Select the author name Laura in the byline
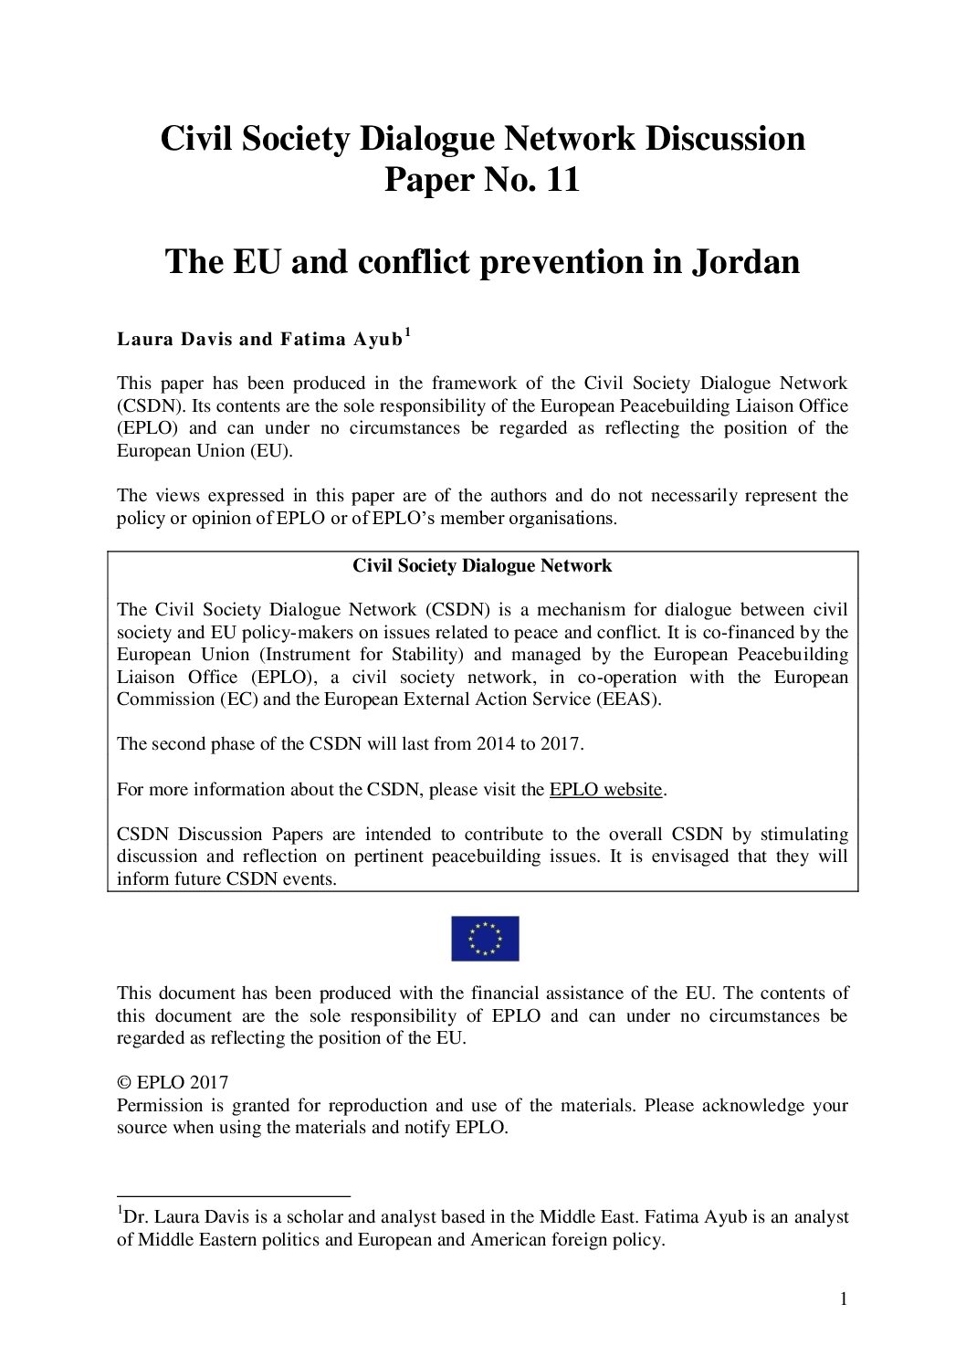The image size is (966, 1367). pos(146,340)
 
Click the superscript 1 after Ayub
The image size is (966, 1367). pos(407,334)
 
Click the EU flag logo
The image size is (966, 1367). pos(484,938)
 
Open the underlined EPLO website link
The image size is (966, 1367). pos(605,790)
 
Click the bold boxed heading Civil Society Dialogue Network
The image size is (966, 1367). pos(482,566)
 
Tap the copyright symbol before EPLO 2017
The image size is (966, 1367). pos(124,1083)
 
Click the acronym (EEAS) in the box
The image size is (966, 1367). pos(626,699)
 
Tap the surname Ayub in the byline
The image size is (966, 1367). pos(374,340)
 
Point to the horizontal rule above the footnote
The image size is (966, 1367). pos(233,1195)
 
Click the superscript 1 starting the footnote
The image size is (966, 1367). pos(120,1211)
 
